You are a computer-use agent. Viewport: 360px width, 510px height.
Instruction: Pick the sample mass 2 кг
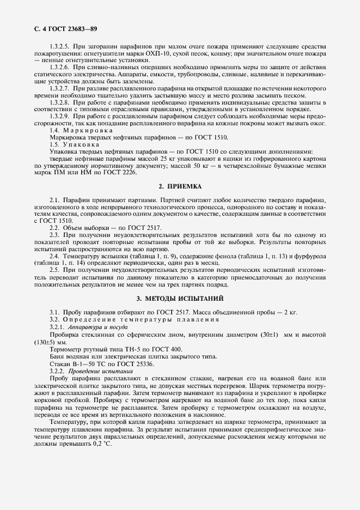(x=289, y=312)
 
